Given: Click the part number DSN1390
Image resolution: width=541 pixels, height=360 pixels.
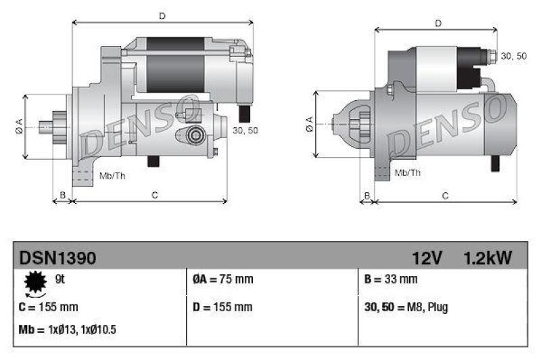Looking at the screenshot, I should pos(57,258).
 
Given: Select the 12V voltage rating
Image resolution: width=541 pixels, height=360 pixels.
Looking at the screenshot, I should pos(427,258).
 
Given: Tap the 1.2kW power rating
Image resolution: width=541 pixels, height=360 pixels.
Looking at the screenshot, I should pos(488,258).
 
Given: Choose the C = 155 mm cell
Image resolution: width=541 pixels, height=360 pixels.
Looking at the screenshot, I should pos(49,307).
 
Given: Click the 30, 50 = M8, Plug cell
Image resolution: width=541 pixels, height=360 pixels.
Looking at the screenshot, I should pos(406,307).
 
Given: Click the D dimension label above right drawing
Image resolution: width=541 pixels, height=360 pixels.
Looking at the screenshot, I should pos(438,24).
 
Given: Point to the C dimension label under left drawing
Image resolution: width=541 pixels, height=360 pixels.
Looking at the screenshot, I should pos(155,195).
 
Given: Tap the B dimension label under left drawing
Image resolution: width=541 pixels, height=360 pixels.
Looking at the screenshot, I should pos(62,195).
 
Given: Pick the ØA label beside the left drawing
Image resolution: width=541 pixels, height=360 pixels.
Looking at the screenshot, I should pos(19,125).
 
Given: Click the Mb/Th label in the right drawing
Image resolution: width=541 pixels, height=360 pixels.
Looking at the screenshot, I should pos(407,173).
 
